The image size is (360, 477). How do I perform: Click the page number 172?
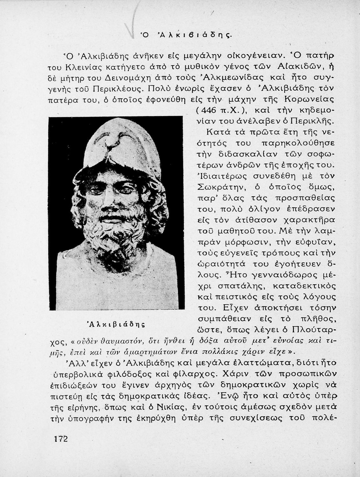(61, 439)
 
